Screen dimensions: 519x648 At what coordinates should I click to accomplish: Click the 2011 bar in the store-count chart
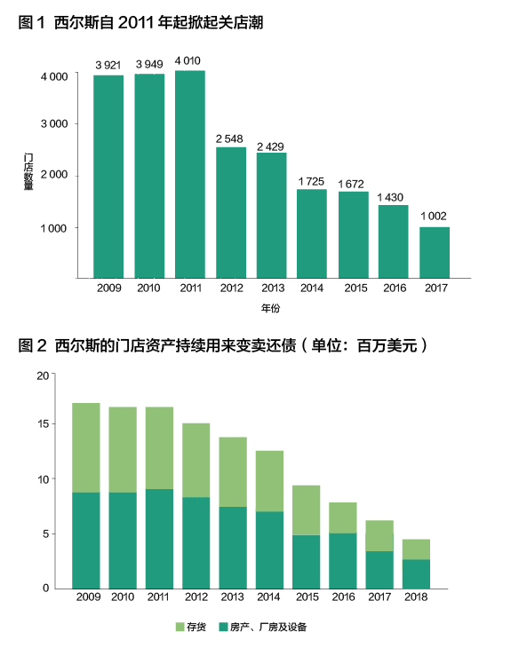coord(190,174)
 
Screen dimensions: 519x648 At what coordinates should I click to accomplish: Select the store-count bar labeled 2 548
coord(231,213)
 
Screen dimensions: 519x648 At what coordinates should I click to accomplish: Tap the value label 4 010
coord(188,60)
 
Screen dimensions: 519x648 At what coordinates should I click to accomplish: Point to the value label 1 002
coord(434,216)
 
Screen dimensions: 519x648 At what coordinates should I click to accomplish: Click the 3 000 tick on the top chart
coord(54,124)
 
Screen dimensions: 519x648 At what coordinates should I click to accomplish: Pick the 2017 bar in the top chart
coord(435,252)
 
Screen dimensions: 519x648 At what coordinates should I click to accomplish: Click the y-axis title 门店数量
coord(28,171)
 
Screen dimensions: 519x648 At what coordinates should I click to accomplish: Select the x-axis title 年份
coord(270,308)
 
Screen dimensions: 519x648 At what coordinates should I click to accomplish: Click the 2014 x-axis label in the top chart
coord(312,288)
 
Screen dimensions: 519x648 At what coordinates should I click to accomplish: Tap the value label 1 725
coord(311,181)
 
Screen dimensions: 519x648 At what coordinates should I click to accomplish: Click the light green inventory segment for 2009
coord(86,447)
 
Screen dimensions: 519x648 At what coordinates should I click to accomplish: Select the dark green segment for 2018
coord(416,574)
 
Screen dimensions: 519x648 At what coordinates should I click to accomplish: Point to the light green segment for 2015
coord(307,510)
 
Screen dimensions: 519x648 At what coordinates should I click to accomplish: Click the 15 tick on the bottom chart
coord(43,424)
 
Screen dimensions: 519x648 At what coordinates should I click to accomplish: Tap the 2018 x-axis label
coord(416,597)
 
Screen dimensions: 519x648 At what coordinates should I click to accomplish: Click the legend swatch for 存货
coord(180,627)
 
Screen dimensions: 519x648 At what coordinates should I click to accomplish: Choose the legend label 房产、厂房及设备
coord(268,627)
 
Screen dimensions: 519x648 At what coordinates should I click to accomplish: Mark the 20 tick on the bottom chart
coord(43,375)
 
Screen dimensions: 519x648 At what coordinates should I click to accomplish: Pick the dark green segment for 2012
coord(196,543)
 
